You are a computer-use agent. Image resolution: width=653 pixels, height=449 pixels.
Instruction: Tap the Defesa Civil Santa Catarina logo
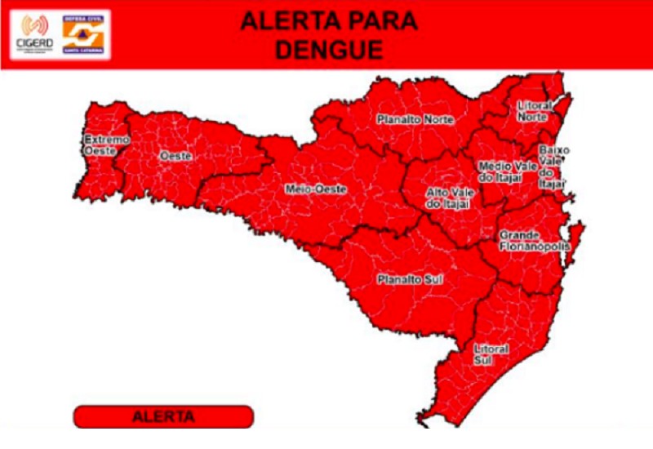point(84,33)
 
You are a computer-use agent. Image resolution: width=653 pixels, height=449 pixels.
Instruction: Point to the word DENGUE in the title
point(328,50)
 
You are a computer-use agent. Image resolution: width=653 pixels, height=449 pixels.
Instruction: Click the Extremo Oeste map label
point(107,145)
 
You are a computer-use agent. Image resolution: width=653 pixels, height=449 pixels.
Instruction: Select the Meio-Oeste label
point(316,189)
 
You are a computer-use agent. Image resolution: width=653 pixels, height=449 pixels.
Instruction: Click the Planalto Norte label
point(415,119)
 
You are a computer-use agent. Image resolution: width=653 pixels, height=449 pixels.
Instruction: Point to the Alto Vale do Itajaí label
point(447,198)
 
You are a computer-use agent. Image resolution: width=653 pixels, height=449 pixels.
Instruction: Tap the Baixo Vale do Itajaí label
point(553,167)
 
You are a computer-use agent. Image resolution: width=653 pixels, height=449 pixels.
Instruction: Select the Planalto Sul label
point(410,280)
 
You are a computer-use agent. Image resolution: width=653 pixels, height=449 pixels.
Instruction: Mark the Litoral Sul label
point(491,354)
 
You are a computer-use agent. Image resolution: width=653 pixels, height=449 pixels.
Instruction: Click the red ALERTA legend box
point(163,416)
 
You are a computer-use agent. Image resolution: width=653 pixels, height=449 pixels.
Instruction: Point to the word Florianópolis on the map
point(535,246)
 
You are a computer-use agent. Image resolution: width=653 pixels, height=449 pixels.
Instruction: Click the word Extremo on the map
point(107,140)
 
